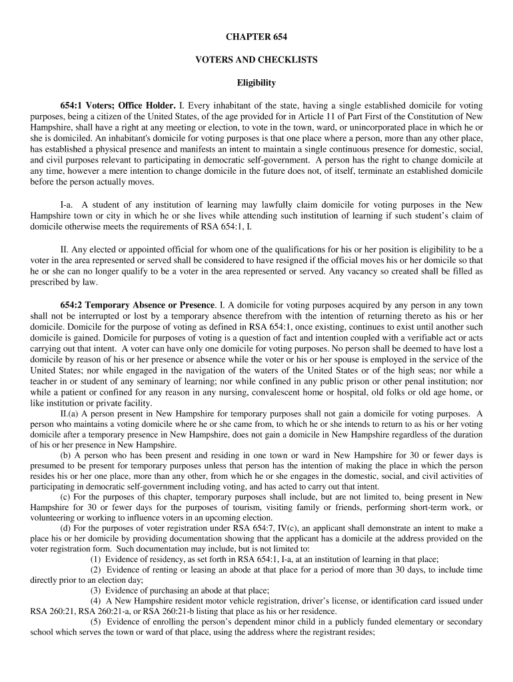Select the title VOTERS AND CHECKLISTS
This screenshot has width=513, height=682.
pos(256,59)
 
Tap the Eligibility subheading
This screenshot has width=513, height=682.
pos(256,83)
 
